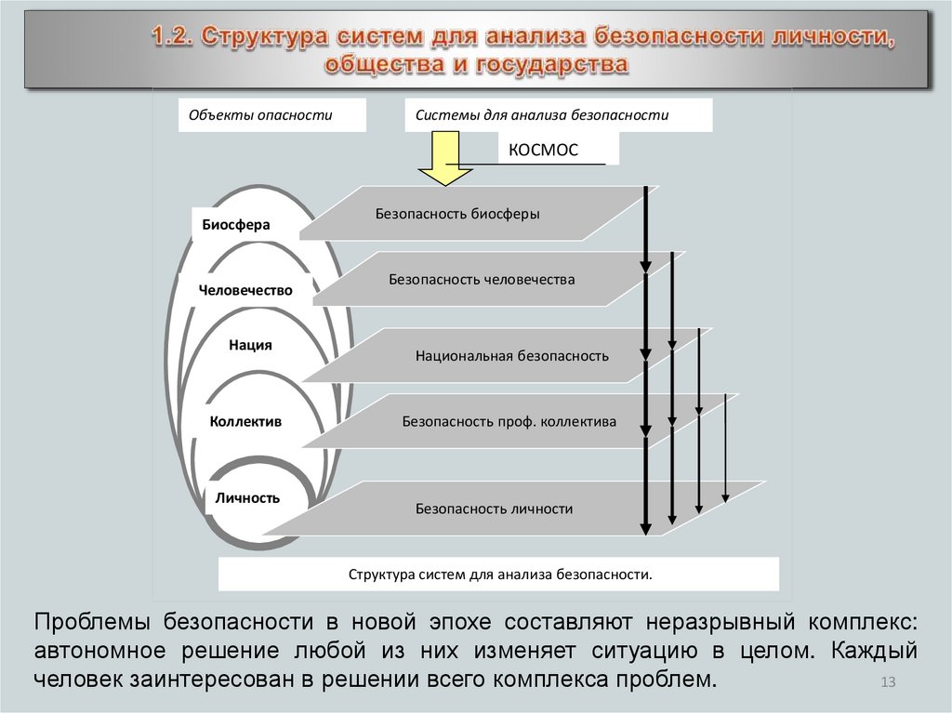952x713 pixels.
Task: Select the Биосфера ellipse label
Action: pyautogui.click(x=236, y=224)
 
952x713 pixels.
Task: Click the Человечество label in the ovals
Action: pyautogui.click(x=245, y=290)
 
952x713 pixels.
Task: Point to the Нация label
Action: pyautogui.click(x=250, y=345)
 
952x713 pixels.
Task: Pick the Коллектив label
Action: pyautogui.click(x=245, y=421)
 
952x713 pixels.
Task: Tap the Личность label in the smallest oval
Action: pyautogui.click(x=247, y=497)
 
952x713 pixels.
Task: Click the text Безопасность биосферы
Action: pyautogui.click(x=457, y=214)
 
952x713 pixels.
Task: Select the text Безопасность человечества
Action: pyautogui.click(x=482, y=279)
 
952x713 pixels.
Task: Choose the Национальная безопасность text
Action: pyautogui.click(x=512, y=355)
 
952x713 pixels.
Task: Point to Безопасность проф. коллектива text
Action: pyautogui.click(x=509, y=421)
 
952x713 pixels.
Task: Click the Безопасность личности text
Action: pyautogui.click(x=494, y=508)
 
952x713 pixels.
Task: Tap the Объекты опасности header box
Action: pyautogui.click(x=260, y=116)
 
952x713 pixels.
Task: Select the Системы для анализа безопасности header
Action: pyautogui.click(x=542, y=116)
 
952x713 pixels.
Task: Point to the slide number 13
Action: pyautogui.click(x=887, y=684)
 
